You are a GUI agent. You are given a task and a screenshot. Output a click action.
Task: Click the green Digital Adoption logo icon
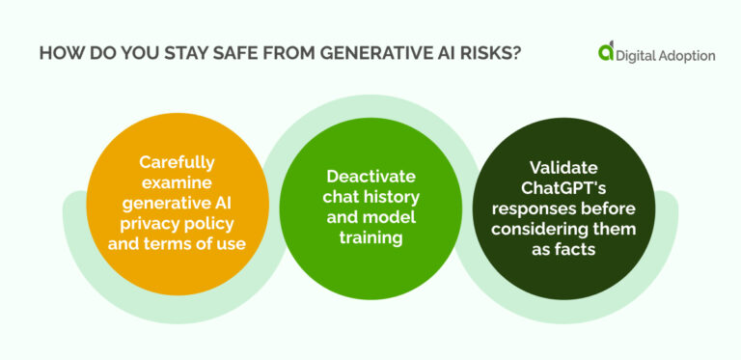click(x=606, y=52)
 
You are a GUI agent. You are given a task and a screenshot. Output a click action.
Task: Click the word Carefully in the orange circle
click(x=177, y=161)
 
